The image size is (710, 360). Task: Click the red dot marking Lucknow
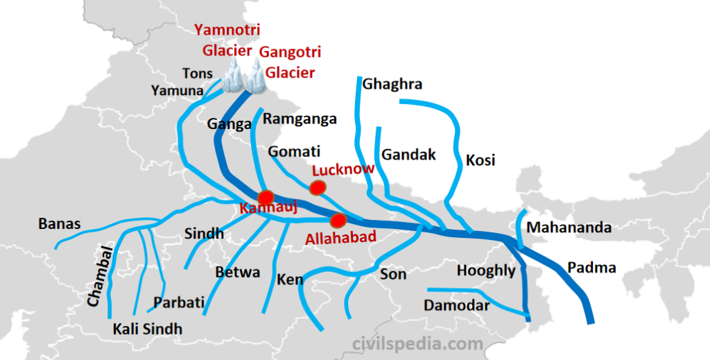(318, 187)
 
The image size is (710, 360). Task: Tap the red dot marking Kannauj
(266, 196)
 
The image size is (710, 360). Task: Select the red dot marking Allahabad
(338, 221)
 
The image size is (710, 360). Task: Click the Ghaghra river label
(392, 85)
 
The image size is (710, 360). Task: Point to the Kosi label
(480, 160)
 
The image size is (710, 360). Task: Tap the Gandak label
(408, 154)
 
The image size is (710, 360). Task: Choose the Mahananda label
(569, 228)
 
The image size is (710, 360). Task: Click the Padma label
(591, 268)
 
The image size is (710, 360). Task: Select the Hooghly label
(486, 271)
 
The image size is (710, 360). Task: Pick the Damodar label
(457, 305)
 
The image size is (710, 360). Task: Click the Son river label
(393, 275)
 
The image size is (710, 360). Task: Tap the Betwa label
(238, 272)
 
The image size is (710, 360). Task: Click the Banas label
(60, 224)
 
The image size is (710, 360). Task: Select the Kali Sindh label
(147, 328)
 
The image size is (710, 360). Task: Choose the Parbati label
(179, 302)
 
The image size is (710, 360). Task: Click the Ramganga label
(300, 119)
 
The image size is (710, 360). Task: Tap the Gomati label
(295, 151)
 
